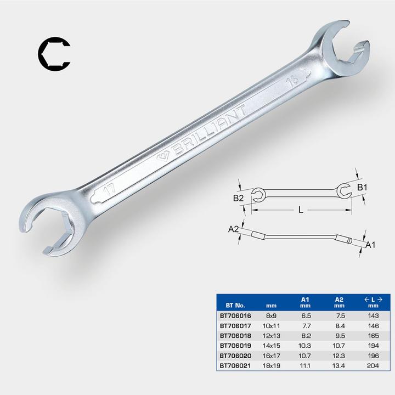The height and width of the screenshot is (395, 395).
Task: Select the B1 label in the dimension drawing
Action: point(362,188)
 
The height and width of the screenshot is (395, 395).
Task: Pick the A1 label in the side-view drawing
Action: point(370,245)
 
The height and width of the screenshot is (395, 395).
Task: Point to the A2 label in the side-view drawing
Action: point(234,230)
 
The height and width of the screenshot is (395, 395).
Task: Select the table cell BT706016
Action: point(235,316)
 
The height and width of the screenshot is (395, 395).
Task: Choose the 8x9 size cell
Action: point(270,316)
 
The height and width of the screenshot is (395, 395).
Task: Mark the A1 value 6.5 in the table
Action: point(306,316)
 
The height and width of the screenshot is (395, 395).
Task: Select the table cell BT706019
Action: point(235,345)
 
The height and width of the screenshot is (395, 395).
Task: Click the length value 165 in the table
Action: point(374,335)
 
